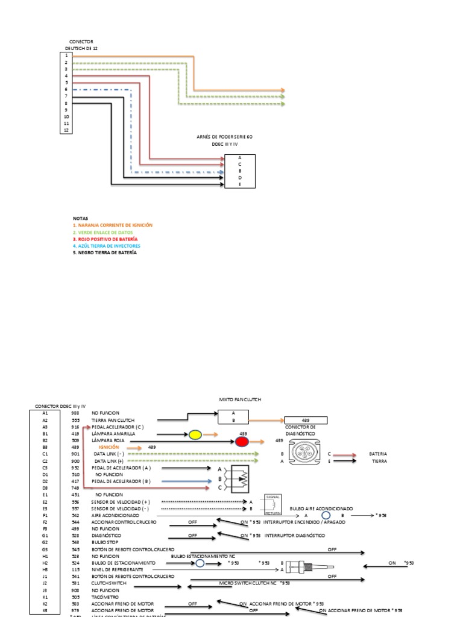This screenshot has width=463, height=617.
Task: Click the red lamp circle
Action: (242, 442)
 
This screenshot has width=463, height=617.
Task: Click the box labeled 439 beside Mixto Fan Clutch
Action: (306, 421)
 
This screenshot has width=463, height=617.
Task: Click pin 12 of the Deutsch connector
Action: (66, 130)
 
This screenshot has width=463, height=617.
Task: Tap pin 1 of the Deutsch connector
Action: (66, 55)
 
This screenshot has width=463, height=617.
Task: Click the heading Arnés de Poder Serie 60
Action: (224, 137)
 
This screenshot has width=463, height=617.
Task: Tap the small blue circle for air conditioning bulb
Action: (326, 516)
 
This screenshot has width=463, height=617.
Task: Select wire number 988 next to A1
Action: (75, 413)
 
